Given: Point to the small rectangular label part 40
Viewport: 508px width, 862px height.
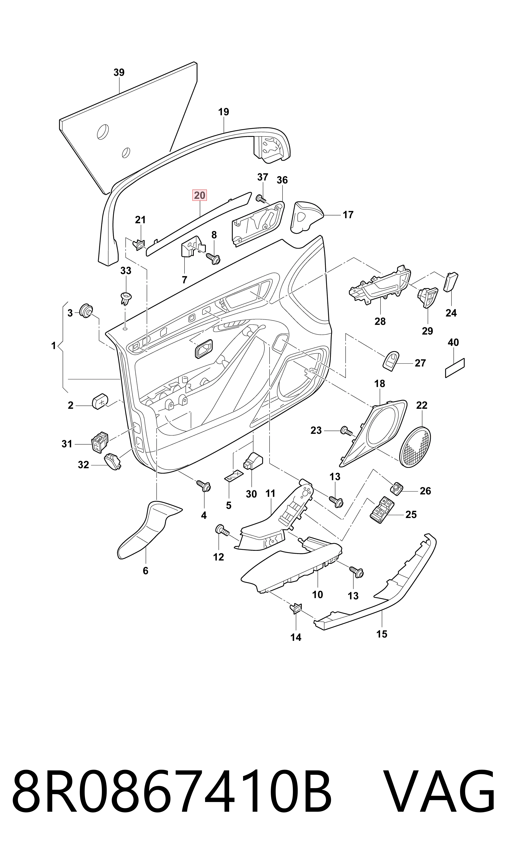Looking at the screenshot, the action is (x=455, y=368).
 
